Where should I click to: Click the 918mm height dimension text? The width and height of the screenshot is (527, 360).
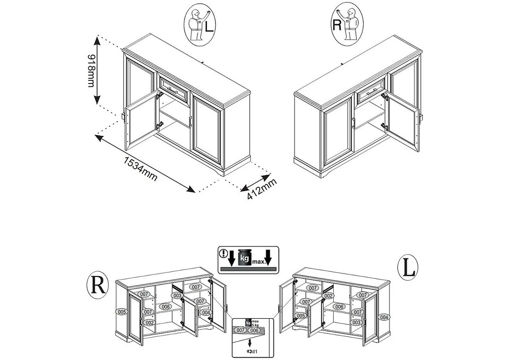coord(89,70)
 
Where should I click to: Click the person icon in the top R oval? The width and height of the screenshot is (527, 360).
coord(350,24)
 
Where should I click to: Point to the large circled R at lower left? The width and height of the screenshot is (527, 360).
coord(97,285)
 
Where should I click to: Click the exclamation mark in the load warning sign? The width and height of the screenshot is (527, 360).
coord(222,253)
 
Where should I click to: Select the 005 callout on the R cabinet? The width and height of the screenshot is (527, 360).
coord(121,312)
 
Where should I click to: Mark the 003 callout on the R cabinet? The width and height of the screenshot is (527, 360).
coord(177,295)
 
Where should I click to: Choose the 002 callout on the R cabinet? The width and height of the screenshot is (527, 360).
coord(149,322)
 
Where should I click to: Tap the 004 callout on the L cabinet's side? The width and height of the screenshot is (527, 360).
coord(384,316)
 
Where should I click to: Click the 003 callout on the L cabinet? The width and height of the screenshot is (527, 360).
coord(357,322)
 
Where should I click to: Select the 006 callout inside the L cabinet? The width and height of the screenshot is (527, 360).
coord(339,307)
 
